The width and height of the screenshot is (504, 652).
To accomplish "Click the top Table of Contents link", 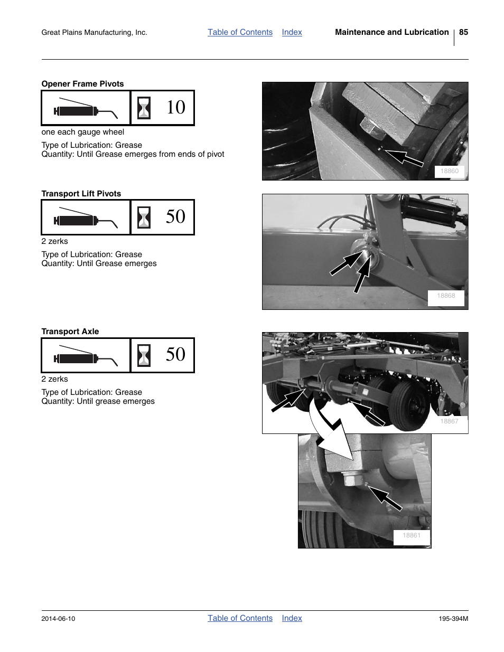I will [240, 32].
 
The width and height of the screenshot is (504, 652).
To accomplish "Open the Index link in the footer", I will [292, 618].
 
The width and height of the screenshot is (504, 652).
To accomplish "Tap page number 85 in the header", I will [463, 32].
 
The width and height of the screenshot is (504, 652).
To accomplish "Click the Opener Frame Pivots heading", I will [82, 84].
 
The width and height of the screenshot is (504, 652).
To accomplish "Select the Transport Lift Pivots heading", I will [81, 194].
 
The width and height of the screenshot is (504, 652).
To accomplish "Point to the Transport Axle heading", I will [70, 332].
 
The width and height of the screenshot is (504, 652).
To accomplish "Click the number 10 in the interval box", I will [175, 108].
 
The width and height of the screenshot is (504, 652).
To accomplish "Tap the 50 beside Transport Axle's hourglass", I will [175, 355].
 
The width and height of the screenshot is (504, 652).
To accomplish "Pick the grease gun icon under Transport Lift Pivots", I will [85, 217].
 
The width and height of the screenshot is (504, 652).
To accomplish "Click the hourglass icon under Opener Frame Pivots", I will [144, 108].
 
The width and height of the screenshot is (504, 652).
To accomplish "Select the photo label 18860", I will [450, 171].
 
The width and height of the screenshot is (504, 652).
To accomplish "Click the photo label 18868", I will [445, 296].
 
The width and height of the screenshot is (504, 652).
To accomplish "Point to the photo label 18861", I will [412, 536].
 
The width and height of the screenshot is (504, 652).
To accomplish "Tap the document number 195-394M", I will [453, 619].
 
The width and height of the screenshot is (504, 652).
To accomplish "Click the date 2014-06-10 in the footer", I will [58, 619].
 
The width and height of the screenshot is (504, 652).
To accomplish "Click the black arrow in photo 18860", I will [404, 157].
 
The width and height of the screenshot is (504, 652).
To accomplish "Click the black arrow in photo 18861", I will [385, 498].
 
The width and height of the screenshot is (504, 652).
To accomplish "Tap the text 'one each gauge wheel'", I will [83, 132].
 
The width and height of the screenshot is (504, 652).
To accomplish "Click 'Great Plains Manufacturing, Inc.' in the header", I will [94, 33].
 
